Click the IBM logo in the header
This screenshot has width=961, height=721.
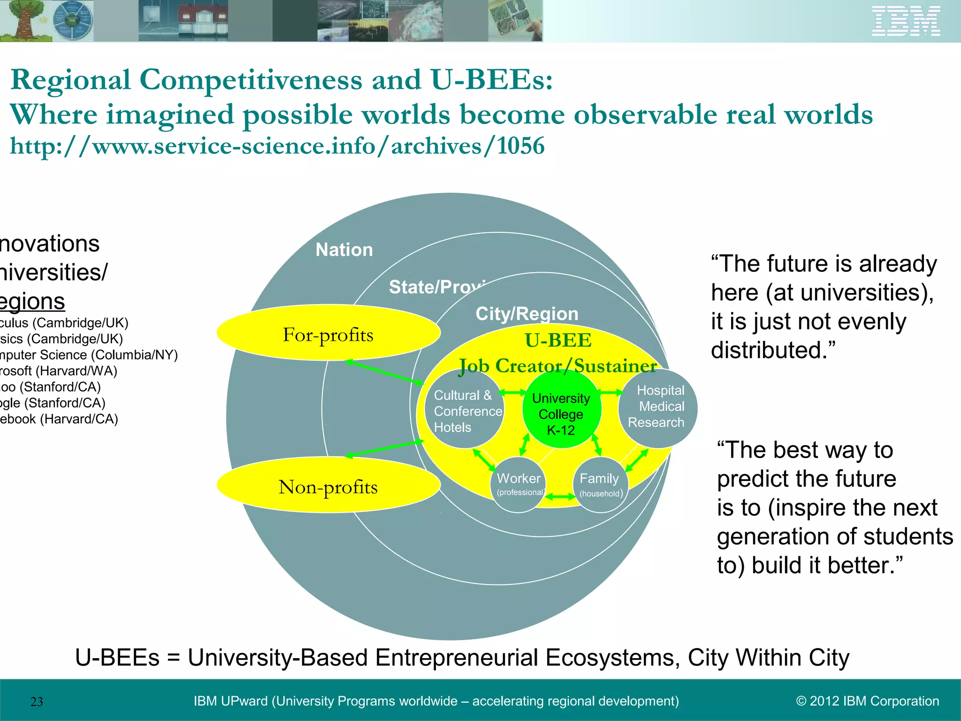[x=906, y=21]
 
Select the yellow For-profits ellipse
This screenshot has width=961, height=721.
[x=328, y=333]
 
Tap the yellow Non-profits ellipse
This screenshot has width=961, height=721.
[x=328, y=486]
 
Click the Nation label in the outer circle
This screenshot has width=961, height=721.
[x=344, y=250]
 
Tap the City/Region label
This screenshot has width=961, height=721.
[x=526, y=314]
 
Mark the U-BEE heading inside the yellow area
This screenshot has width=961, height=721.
[x=558, y=340]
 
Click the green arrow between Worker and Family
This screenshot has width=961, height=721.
[x=560, y=497]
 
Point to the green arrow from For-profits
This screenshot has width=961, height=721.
[x=385, y=372]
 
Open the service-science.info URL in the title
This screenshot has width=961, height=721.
[x=277, y=146]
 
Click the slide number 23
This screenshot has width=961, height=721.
[x=37, y=702]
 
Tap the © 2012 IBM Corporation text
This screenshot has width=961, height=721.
[x=867, y=701]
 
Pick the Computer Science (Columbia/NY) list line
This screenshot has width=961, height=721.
[x=89, y=355]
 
